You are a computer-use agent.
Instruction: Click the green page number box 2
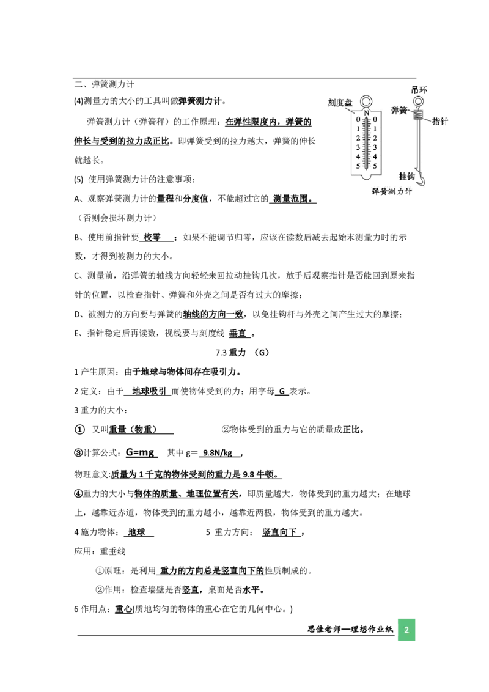coord(406,629)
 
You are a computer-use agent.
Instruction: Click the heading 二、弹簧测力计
coord(104,84)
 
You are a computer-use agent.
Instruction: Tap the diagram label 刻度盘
coord(340,103)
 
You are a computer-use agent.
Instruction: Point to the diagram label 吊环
coord(419,90)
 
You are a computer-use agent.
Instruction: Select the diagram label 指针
coord(439,122)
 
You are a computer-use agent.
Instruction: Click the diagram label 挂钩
coord(406,177)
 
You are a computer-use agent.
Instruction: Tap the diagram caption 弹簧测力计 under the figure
coord(391,191)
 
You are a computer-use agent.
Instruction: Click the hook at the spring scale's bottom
coord(423,179)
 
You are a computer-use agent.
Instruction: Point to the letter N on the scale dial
coord(366,113)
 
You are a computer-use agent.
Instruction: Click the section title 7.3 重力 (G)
coord(242,352)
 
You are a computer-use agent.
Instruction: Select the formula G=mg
coord(140,452)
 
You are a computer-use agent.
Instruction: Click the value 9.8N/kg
coord(218,453)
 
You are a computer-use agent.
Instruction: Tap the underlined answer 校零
coord(152,237)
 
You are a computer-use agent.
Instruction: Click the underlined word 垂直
coord(238,334)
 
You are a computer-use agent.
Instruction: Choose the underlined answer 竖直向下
coord(279,532)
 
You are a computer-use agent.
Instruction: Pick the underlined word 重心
coord(123,609)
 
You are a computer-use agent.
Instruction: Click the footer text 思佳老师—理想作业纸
coord(350,629)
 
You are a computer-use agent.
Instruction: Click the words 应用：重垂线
coord(100,551)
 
